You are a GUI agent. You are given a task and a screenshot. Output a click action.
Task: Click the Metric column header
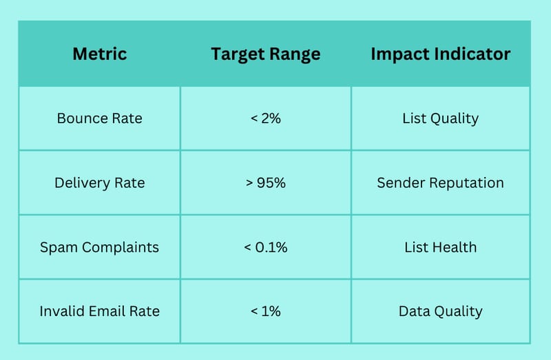[100, 54]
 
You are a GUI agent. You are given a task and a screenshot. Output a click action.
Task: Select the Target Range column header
[266, 54]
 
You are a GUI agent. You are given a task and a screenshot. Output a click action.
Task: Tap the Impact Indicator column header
[441, 54]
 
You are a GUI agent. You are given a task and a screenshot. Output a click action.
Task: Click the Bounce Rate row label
[100, 118]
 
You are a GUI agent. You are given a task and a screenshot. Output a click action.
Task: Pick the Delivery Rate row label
[100, 183]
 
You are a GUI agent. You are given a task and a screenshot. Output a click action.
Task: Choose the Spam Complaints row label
[99, 248]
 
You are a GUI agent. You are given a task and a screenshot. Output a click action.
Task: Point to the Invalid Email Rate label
[100, 311]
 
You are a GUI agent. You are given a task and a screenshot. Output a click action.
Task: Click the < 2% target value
[266, 118]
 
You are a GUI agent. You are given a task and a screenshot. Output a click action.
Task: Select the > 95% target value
[266, 183]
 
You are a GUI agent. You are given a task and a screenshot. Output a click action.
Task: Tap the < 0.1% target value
[266, 248]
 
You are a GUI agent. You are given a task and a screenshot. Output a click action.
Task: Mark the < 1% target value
[266, 311]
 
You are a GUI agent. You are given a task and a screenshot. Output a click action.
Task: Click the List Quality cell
[441, 118]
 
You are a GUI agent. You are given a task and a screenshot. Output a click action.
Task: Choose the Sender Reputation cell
[441, 183]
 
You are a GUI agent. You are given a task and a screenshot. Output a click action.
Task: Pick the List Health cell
[441, 247]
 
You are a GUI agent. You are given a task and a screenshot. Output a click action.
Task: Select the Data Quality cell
[441, 312]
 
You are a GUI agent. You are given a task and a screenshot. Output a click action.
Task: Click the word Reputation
[467, 183]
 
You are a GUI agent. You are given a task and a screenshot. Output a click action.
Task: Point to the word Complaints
[121, 248]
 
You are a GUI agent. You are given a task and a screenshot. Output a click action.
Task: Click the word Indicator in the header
[472, 54]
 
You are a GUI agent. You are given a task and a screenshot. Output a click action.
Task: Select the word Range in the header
[295, 55]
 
